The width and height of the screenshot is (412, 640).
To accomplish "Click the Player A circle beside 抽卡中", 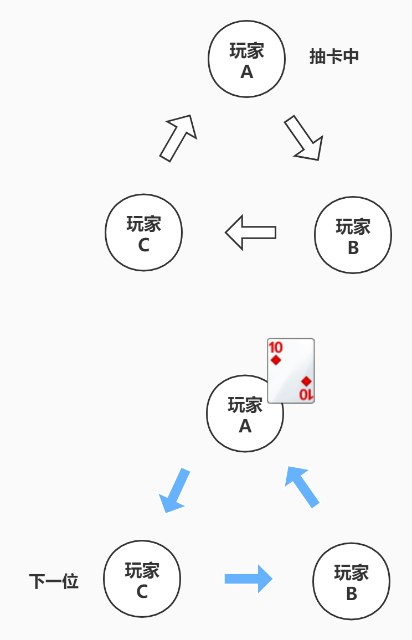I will click(246, 59).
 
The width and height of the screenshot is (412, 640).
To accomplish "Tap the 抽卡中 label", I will click(334, 56).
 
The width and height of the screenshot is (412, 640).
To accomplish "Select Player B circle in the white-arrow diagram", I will click(353, 235).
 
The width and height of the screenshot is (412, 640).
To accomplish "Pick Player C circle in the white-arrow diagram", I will click(143, 233).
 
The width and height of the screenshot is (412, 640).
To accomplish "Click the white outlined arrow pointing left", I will click(250, 233).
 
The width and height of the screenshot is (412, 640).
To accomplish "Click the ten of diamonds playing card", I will click(291, 370).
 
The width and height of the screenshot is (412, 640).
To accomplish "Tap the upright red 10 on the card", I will click(276, 348).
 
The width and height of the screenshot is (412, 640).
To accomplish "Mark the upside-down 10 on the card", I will click(306, 394).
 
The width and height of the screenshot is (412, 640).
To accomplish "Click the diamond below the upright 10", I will click(276, 360).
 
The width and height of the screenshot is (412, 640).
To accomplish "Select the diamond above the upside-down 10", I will click(306, 381).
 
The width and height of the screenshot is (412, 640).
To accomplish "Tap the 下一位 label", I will click(54, 581).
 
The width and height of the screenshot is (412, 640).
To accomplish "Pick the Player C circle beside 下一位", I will click(142, 579).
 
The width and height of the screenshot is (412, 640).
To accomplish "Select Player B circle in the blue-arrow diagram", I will click(351, 581).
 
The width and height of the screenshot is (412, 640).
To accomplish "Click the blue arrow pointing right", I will click(249, 579).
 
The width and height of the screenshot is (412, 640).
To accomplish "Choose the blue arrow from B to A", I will click(302, 486).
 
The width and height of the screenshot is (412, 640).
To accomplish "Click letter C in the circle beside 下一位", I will click(142, 592).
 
